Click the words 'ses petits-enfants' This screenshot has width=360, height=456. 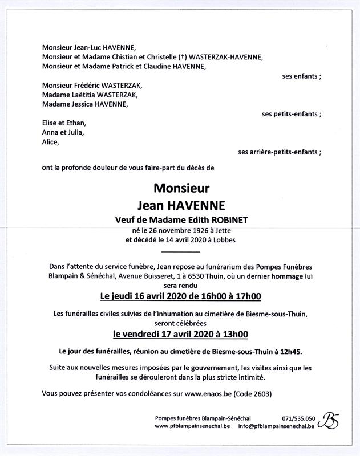coord(291,114)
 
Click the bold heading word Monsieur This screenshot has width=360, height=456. coord(181,188)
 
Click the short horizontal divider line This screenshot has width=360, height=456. coord(180,251)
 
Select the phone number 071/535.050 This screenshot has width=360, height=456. coord(298,418)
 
